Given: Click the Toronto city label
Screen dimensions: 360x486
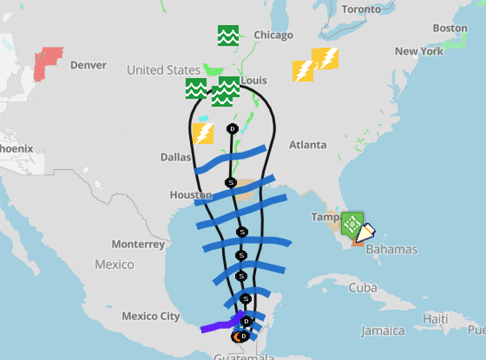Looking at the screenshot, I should tap(361, 9).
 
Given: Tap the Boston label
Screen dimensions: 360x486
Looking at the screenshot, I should tap(450, 28).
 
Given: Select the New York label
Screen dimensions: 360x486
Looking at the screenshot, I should tap(419, 51).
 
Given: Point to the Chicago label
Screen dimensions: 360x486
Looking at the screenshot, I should tap(274, 35).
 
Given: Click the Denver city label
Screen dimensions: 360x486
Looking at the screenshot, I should tap(88, 65).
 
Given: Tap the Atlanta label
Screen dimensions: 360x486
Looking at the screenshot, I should tap(308, 145).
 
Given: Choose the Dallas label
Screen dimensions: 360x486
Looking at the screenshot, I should tap(176, 157).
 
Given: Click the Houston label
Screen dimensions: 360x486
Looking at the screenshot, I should tap(191, 195).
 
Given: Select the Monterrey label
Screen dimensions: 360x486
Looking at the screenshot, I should tap(138, 244).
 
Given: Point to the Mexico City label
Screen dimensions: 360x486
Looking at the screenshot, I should tap(150, 316).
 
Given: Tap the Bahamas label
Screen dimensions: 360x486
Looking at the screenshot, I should tap(391, 249).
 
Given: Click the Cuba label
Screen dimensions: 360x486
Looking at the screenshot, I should tap(363, 288).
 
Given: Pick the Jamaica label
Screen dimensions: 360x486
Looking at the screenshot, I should tap(382, 331).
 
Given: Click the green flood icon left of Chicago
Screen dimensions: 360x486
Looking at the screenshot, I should tap(228, 35).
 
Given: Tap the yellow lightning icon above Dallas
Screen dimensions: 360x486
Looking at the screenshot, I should tap(203, 134).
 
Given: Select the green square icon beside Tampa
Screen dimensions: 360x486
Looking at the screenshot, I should tap(352, 223).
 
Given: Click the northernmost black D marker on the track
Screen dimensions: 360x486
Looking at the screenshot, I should tap(232, 129).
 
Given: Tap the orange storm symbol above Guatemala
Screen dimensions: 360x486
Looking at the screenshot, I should tap(237, 336).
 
